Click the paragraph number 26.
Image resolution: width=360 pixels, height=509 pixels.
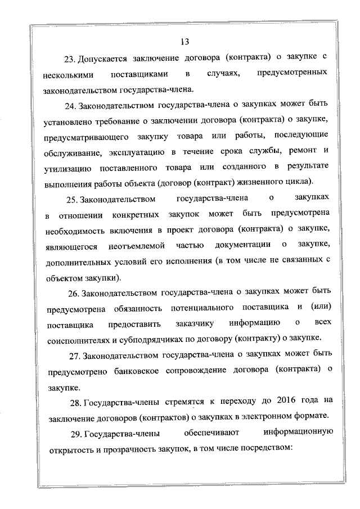coord(74,292)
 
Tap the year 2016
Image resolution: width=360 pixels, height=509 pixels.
coord(288,401)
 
